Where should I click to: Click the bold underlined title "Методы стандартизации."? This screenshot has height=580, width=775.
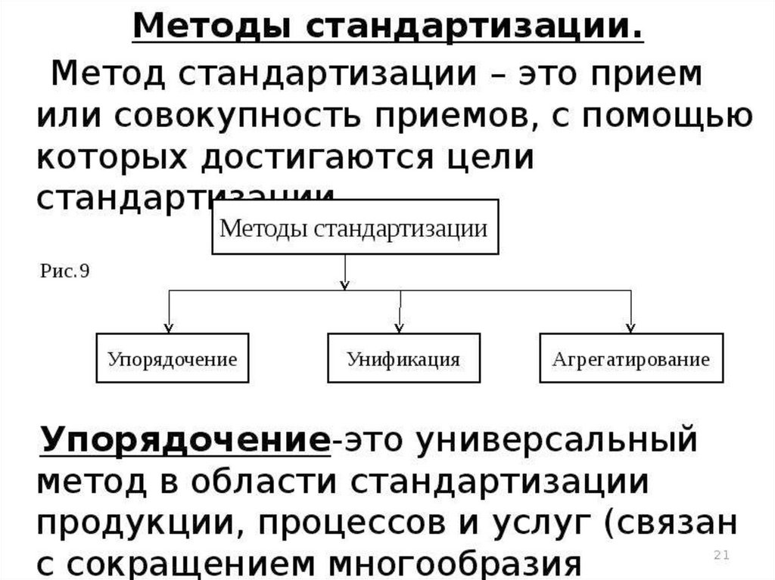[x=388, y=28]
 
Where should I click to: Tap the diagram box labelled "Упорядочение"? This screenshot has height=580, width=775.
[x=172, y=358]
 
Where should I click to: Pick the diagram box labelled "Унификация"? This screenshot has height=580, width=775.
[x=403, y=358]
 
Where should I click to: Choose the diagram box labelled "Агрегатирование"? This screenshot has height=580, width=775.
[x=630, y=358]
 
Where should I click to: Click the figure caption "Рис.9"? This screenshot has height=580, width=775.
[x=64, y=271]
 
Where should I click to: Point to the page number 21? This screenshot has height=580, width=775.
[x=721, y=557]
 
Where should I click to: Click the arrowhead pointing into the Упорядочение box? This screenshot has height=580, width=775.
[x=168, y=327]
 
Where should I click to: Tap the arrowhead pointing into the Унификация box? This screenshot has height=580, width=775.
[x=400, y=327]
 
